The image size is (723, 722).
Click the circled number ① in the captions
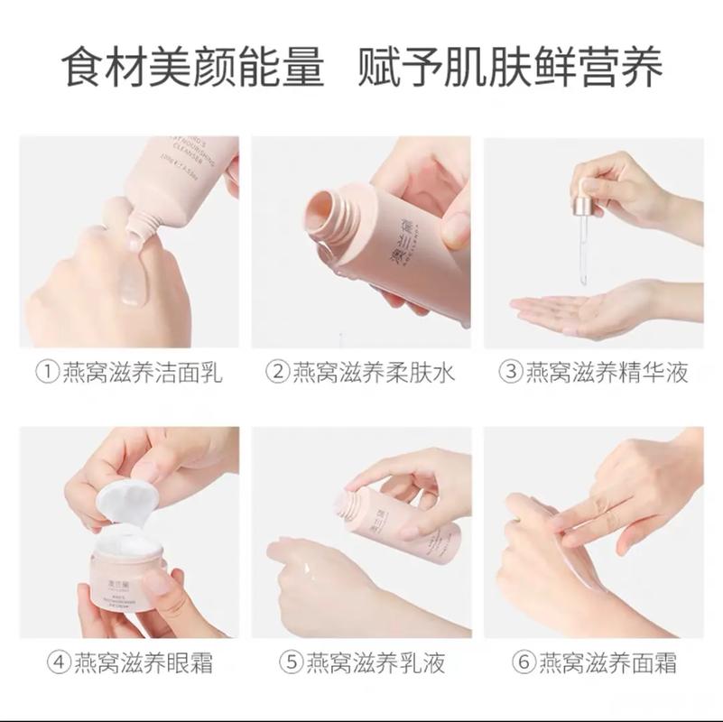click(47, 372)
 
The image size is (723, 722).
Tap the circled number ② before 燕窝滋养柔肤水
click(278, 372)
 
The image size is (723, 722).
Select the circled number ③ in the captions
click(512, 372)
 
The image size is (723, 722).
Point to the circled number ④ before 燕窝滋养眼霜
click(59, 663)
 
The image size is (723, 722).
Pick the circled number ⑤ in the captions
click(292, 663)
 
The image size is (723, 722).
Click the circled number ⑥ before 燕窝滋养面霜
click(524, 663)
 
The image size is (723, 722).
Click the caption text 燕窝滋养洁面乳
click(142, 372)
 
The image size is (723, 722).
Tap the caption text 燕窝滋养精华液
click(607, 372)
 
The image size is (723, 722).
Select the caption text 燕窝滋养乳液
click(375, 663)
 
